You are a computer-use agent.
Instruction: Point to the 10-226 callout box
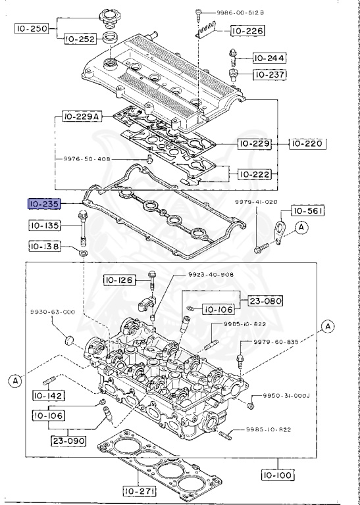tap(247, 30)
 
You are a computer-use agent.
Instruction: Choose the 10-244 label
tap(269, 58)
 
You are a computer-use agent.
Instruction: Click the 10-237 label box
tap(269, 74)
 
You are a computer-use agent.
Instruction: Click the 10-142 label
tap(47, 396)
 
